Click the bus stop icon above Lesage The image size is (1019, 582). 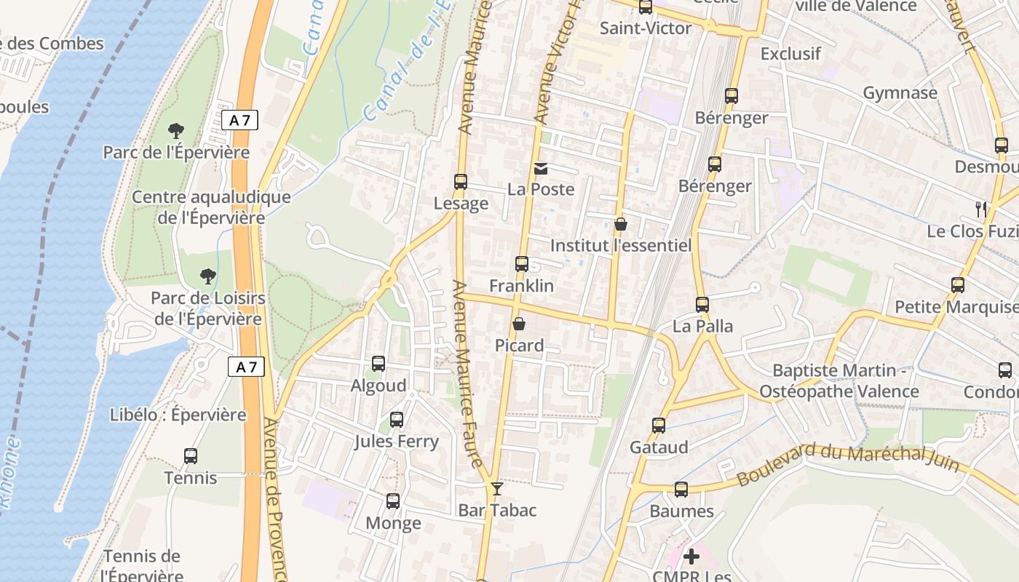click(x=460, y=182)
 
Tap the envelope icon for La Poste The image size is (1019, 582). click(x=541, y=169)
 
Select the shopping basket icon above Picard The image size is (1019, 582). click(x=519, y=324)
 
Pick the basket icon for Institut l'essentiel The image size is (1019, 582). click(x=621, y=224)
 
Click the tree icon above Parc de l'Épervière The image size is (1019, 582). click(x=175, y=131)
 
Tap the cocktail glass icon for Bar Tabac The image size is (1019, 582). click(x=497, y=489)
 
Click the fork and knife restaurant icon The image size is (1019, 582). click(x=981, y=210)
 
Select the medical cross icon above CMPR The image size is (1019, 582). click(x=691, y=557)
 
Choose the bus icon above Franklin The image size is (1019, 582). click(x=522, y=264)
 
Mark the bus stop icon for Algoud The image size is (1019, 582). click(x=378, y=364)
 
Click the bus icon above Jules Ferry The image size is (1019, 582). click(x=397, y=420)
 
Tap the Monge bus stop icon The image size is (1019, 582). click(x=393, y=501)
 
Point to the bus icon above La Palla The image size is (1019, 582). click(x=702, y=305)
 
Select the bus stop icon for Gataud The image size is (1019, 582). click(x=659, y=426)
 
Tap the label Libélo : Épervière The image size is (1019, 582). click(x=178, y=415)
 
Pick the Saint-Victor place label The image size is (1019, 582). click(x=646, y=28)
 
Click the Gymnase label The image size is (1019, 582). click(x=900, y=93)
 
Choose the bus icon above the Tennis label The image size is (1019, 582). click(x=191, y=456)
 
